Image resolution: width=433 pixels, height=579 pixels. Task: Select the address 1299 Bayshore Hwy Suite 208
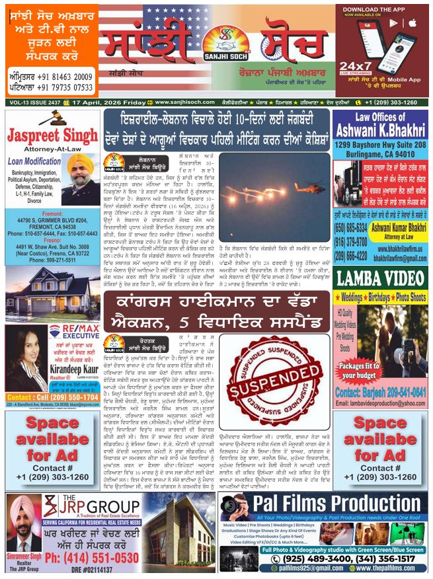[379, 143]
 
